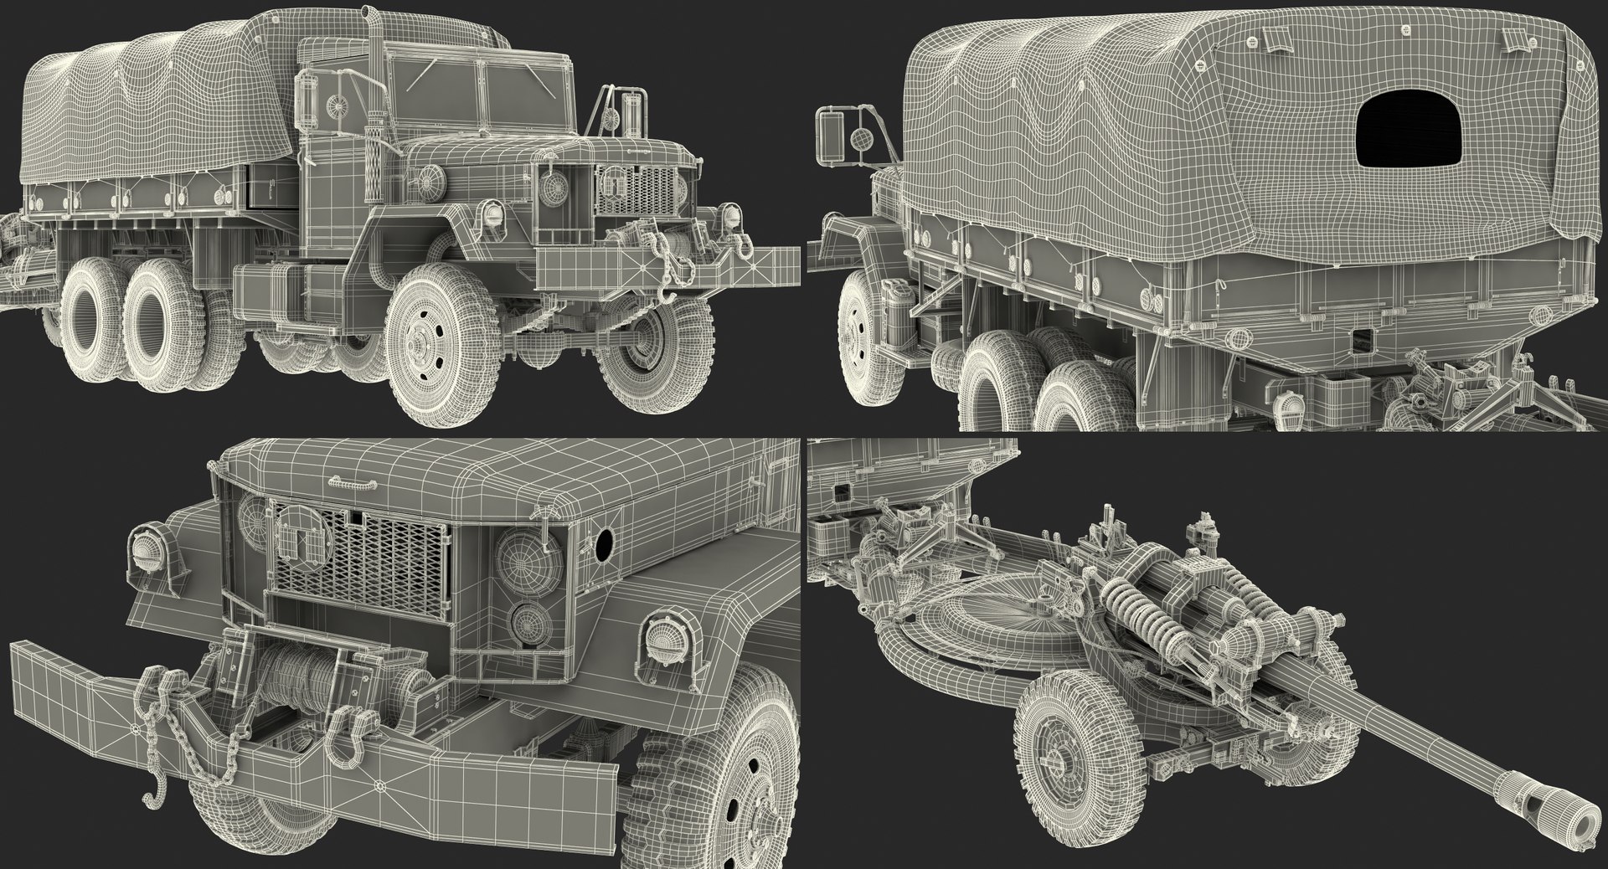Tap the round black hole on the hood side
coord(602,546)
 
